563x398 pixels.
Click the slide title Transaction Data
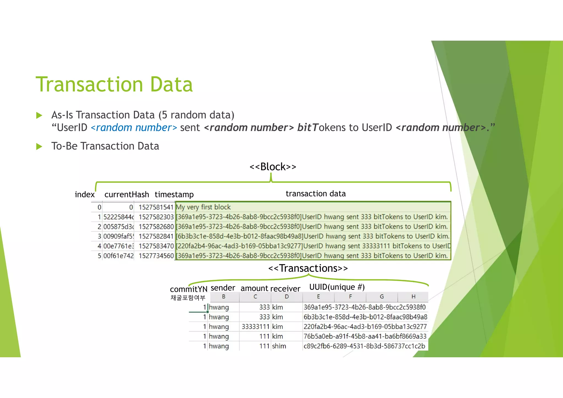point(114,84)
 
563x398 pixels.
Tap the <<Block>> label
point(273,167)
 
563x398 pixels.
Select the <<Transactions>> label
point(308,268)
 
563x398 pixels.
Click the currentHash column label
point(126,195)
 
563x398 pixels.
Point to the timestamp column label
point(174,195)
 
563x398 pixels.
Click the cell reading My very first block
point(203,207)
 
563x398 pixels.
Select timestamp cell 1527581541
point(156,207)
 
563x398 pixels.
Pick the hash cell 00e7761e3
point(118,246)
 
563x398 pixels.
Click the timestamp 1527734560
point(156,256)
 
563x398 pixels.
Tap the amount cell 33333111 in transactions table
point(255,327)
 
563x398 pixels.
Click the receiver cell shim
point(279,346)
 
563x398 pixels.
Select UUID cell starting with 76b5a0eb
point(365,336)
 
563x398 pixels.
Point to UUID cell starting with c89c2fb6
point(364,346)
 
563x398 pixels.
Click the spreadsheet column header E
point(318,297)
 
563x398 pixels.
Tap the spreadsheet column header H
point(413,297)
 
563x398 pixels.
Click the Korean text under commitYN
point(188,298)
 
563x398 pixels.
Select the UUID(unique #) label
point(337,287)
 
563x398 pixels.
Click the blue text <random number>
point(134,128)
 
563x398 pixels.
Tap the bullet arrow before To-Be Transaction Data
point(39,147)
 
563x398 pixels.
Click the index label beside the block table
point(84,195)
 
